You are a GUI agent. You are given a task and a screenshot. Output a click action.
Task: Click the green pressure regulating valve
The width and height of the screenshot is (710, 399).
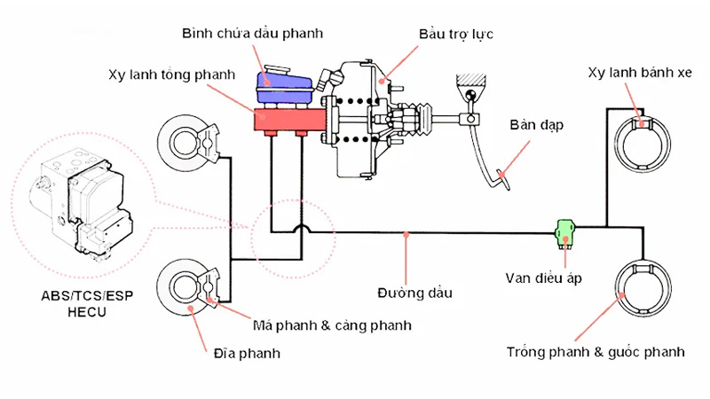pos(564,234)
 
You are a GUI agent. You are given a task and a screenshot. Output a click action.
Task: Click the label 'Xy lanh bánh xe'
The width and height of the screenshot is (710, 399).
pos(639,73)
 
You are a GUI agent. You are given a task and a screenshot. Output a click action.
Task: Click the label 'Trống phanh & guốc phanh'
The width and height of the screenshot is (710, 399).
pos(596,352)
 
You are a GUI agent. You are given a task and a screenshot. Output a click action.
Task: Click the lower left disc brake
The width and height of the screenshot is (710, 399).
pos(185,289)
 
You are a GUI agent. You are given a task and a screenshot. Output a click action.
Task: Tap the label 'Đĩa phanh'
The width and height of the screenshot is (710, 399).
pos(248,353)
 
